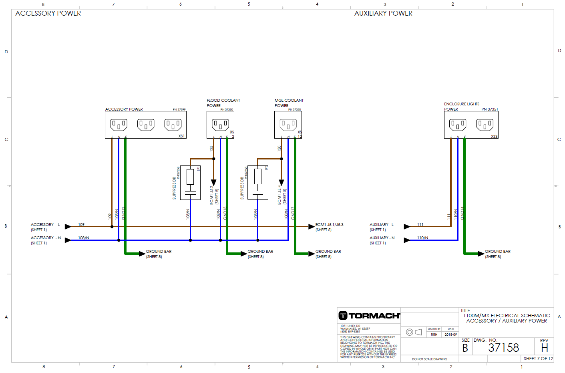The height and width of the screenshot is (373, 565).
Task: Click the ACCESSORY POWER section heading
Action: point(48,13)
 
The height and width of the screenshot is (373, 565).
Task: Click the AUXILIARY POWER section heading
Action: point(383,13)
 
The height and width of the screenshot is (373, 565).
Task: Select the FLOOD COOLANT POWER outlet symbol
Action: point(221,125)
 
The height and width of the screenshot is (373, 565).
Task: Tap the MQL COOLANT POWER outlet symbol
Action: point(288,125)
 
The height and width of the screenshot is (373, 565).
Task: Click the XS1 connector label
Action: point(181,136)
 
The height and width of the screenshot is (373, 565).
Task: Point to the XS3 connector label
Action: point(494,137)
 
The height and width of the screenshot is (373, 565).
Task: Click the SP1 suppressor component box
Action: point(190,182)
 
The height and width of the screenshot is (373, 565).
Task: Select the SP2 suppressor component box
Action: point(258,182)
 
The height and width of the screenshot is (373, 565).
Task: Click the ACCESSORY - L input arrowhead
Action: point(68,227)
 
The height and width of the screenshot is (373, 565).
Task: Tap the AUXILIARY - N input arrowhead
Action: point(407,240)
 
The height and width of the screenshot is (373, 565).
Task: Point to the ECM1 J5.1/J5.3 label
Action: point(329,225)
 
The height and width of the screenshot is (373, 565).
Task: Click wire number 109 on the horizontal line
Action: point(81,224)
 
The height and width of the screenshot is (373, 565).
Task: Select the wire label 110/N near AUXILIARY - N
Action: point(422,238)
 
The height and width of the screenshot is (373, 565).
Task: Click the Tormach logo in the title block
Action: point(369,316)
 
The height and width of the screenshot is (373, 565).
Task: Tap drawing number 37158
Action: point(503,348)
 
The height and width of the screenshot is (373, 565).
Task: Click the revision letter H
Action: point(544,348)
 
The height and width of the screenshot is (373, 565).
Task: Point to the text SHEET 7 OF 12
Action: point(538,359)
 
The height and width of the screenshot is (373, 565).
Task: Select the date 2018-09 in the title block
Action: point(450,335)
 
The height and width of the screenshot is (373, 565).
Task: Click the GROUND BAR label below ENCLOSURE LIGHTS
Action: point(498,252)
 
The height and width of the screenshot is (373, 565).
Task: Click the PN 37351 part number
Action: point(490,109)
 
